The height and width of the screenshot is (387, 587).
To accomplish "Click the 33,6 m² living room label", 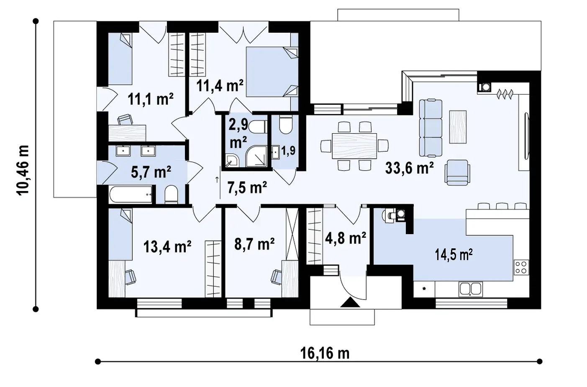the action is [x=409, y=168].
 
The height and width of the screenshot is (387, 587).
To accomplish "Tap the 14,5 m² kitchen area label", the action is [x=454, y=255].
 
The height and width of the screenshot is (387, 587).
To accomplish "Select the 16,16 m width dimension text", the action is [x=325, y=353].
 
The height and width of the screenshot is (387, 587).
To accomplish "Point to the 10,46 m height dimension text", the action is [x=23, y=170].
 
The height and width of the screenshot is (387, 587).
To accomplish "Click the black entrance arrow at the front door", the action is [x=350, y=302].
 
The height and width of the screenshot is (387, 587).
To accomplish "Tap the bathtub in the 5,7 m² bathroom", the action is [x=131, y=194].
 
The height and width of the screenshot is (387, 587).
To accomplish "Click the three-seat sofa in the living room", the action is [x=431, y=128].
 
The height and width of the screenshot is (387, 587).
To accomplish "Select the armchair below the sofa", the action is [x=457, y=173].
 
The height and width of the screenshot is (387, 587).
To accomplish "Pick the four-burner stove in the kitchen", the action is [x=521, y=267].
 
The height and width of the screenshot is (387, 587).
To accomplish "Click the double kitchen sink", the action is [x=471, y=289].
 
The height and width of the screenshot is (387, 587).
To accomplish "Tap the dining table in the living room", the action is [x=354, y=146].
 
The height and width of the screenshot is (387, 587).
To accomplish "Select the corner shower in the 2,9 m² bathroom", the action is [x=257, y=156].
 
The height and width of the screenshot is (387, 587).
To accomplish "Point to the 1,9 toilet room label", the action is [x=288, y=151].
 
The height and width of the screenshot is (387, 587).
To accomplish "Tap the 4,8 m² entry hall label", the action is [x=346, y=238].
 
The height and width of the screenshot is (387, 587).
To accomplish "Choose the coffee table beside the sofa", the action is [x=458, y=127].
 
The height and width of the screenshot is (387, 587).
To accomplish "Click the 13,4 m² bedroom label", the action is [x=167, y=246].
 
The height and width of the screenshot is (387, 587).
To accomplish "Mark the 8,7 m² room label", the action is [x=254, y=244].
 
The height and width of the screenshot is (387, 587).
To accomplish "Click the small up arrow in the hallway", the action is [x=217, y=180].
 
